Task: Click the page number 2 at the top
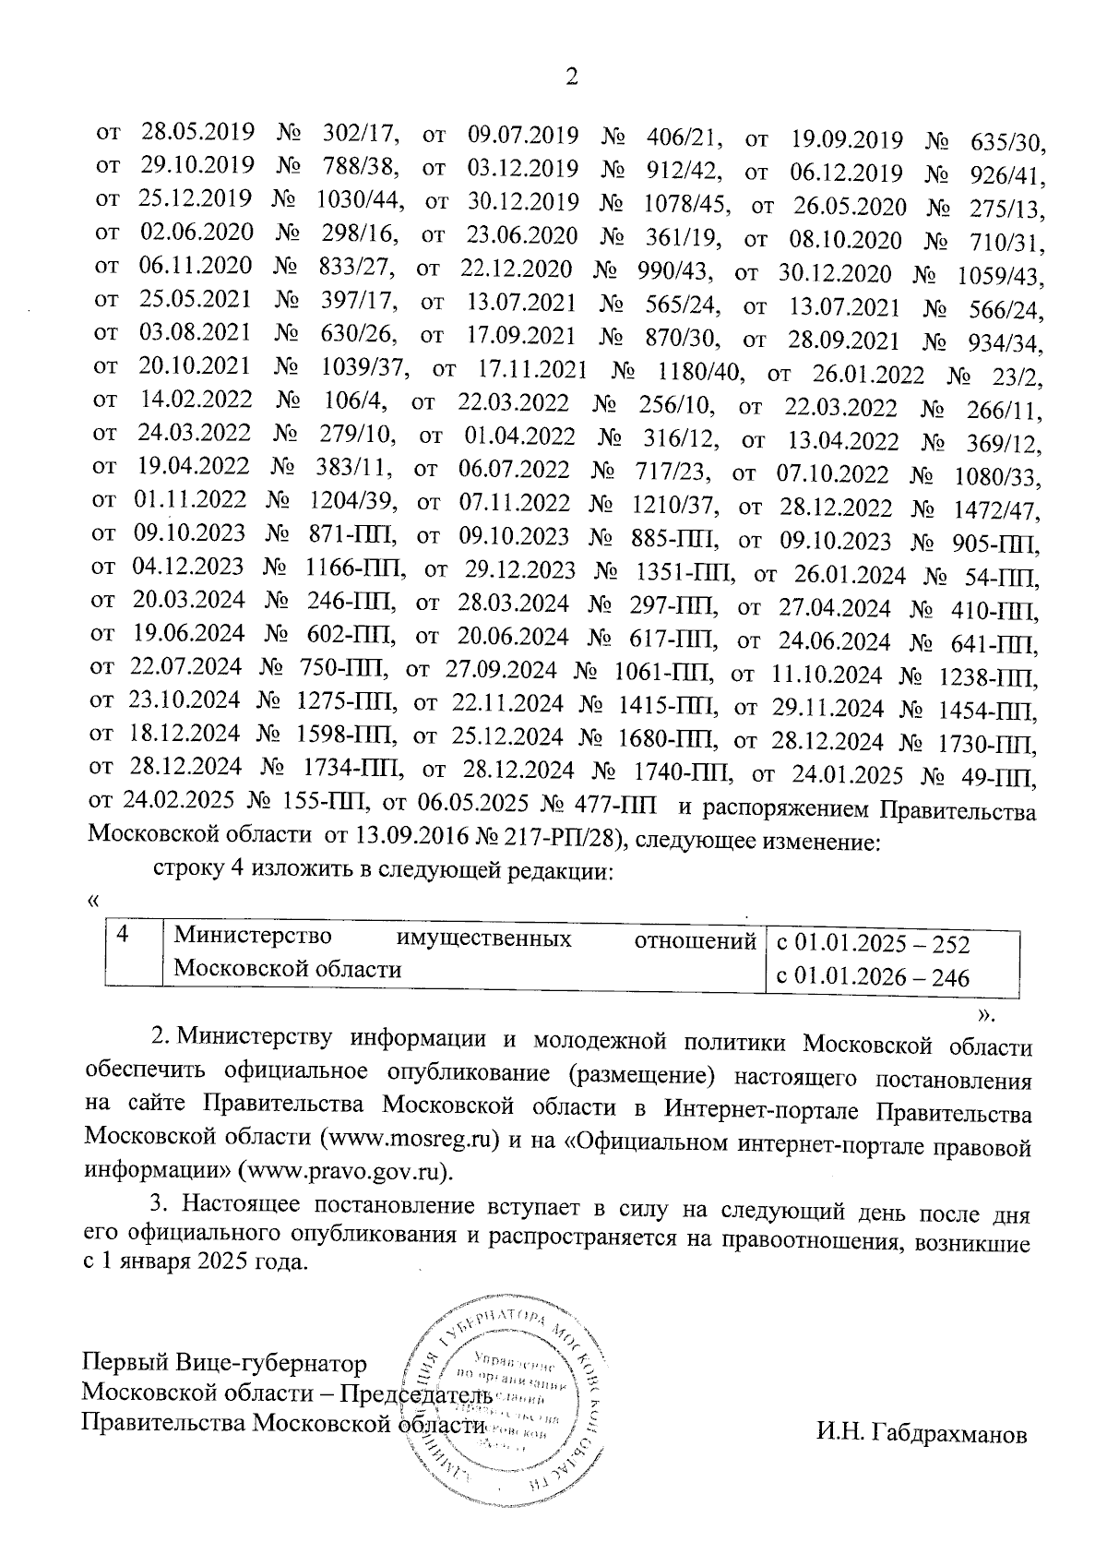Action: [571, 78]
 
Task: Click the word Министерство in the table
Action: [254, 938]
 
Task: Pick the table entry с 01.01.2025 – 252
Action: [873, 944]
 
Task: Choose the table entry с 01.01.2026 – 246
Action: [873, 977]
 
